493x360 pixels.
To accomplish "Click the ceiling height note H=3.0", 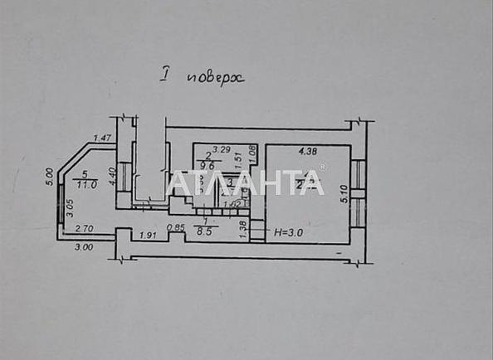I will pos(288,233).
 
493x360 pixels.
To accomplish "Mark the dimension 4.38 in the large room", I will pos(308,152).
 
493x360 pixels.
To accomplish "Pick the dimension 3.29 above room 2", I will pos(221,149).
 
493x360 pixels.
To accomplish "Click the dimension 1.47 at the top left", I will pos(102,139).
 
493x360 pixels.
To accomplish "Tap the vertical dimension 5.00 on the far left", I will pos(49,177).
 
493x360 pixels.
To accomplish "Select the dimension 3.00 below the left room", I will pos(84,246).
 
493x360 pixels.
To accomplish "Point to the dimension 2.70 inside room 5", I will pos(84,228).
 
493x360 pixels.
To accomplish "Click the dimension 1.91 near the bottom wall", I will pos(148,236).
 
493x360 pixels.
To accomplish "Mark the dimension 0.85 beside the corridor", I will pos(175,227).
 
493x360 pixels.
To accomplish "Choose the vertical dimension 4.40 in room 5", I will pos(111,177).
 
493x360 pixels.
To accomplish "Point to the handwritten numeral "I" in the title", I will pos(165,77).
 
